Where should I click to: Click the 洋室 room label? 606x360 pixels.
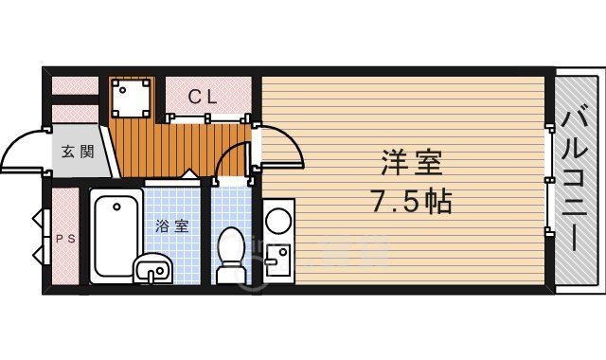pos(412,162)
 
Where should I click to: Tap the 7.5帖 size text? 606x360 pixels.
pos(412,200)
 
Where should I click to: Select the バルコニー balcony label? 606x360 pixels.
pos(573,180)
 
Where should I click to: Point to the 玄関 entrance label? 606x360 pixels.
pos(78,151)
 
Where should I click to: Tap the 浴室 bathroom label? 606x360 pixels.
pos(171,226)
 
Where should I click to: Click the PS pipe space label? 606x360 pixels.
pos(63,238)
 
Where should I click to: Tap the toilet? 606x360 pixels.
pos(231,254)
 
